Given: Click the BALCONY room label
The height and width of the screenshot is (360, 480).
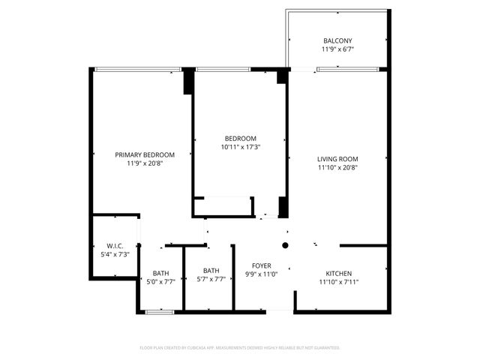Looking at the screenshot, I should click(x=337, y=40).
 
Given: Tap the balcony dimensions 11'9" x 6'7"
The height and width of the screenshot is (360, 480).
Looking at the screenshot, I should click(x=337, y=49).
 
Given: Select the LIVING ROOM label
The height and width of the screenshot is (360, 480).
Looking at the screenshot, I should click(x=337, y=158).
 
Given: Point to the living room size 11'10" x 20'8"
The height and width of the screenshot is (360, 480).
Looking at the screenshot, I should click(x=337, y=167).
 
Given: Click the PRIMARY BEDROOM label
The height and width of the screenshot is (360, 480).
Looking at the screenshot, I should click(x=145, y=154).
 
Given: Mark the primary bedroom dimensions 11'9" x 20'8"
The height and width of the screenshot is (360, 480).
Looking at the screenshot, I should click(x=145, y=163).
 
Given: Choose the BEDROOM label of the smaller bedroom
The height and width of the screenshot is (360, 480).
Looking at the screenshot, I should click(x=241, y=138).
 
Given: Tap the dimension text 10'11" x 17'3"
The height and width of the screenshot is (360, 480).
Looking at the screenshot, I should click(x=241, y=147).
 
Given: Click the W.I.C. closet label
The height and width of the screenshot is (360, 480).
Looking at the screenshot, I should click(x=115, y=245).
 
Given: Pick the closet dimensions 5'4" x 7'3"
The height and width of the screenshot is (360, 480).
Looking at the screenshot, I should click(x=115, y=254).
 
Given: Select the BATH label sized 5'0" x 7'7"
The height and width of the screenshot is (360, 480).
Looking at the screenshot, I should click(x=160, y=273).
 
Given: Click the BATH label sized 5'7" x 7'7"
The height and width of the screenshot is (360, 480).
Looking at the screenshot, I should click(x=211, y=271).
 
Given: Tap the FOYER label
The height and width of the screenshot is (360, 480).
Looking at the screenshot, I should click(x=262, y=265).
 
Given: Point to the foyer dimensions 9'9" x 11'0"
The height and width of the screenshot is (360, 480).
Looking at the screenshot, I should click(x=262, y=274).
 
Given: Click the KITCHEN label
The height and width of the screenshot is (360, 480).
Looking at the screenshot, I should click(x=338, y=273).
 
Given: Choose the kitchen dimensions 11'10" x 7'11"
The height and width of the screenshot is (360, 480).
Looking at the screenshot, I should click(x=338, y=282).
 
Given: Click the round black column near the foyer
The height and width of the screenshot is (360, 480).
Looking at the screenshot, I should click(x=285, y=245).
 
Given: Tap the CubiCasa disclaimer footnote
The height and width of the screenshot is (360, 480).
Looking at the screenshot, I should click(x=240, y=348).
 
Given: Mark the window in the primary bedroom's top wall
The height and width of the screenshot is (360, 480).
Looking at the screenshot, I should click(x=139, y=70).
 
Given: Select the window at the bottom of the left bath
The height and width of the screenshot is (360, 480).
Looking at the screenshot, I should click(x=160, y=311).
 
